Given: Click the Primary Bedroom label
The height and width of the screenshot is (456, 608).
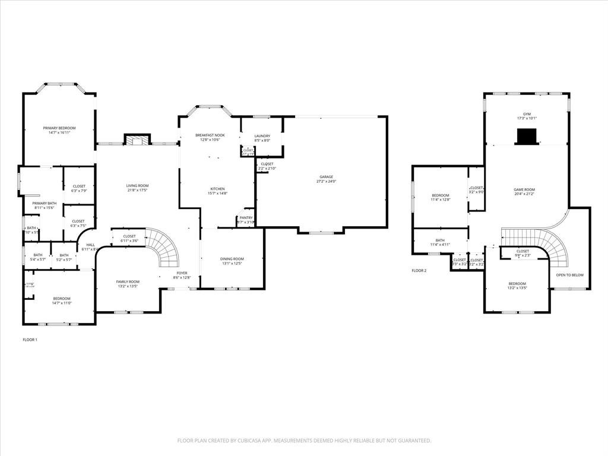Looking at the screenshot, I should tap(59, 128).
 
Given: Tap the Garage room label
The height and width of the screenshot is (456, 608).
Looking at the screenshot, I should tap(327, 176).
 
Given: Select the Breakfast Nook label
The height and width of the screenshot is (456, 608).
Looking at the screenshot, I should tap(210, 135).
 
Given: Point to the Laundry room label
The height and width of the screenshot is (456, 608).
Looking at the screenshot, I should tap(262, 136).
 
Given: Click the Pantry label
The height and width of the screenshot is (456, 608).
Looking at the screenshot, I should tap(246, 218).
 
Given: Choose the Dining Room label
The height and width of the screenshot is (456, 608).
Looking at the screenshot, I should tap(232, 259).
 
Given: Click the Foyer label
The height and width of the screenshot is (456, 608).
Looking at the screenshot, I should tap(182, 273).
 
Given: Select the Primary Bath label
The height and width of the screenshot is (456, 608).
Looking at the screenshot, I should tap(45, 203).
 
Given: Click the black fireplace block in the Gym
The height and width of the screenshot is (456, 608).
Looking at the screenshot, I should tap(526, 137).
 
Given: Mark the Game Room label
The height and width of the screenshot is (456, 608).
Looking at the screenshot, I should tap(524, 189).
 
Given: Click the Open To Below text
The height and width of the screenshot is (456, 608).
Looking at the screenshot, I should tap(569, 275).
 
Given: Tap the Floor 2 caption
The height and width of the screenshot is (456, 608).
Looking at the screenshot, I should tap(419, 270).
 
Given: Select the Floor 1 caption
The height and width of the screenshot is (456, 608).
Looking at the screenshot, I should tap(30, 340).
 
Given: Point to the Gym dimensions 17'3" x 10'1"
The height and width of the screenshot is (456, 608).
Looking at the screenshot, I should tap(527, 118).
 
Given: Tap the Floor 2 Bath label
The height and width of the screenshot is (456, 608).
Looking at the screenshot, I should tap(440, 240).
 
